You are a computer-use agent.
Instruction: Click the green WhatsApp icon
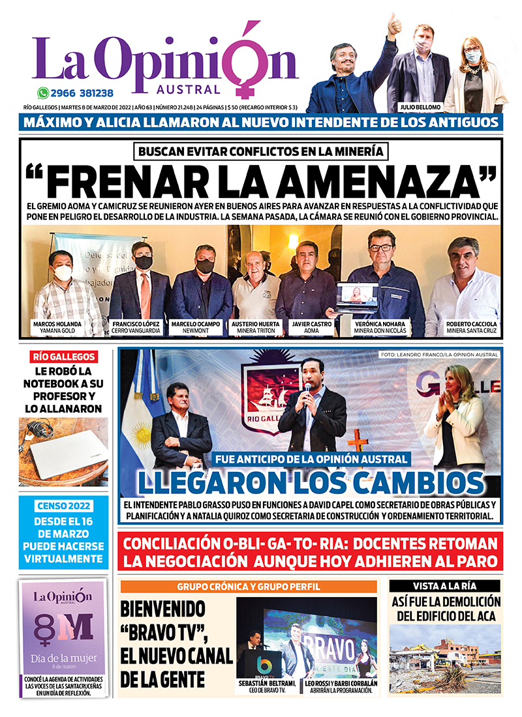click(x=43, y=93)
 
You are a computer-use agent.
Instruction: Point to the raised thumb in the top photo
click(x=394, y=24)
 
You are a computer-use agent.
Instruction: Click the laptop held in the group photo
click(x=356, y=297)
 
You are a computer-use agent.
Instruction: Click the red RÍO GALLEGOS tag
click(x=64, y=357)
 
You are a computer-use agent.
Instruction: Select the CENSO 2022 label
click(x=64, y=506)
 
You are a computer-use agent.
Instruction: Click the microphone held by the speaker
click(x=307, y=390)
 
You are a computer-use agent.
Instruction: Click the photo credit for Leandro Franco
click(x=438, y=355)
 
